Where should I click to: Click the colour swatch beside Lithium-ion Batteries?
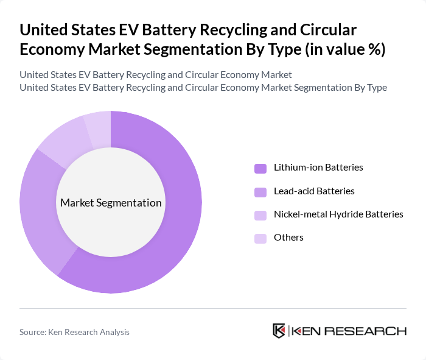tap(260, 168)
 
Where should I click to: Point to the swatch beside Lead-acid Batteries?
tap(260, 192)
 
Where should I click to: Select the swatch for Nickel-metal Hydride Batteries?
tap(260, 215)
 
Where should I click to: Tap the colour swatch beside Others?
tap(260, 238)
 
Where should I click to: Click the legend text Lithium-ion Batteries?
tap(318, 168)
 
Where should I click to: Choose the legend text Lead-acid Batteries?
tap(314, 191)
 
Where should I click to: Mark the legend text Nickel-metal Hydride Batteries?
tap(338, 214)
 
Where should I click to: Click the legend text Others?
tap(288, 238)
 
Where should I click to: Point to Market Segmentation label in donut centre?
tap(111, 203)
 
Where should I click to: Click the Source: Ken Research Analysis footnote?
tap(74, 332)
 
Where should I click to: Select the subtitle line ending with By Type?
tap(203, 87)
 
